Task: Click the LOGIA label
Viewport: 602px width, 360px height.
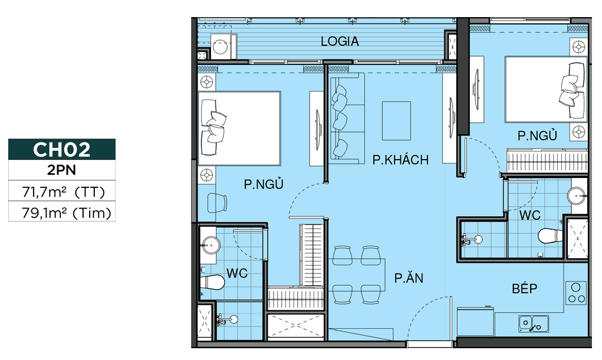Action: point(340,41)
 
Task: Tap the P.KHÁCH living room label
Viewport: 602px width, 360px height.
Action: point(400,160)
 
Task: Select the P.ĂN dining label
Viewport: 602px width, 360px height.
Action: point(409,278)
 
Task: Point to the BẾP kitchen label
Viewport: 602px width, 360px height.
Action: point(524,288)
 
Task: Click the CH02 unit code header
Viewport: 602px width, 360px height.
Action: point(62,149)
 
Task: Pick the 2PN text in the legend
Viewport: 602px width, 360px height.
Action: point(62,170)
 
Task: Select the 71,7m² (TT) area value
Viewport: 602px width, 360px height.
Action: point(63,191)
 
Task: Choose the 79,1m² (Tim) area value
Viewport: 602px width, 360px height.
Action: point(67,213)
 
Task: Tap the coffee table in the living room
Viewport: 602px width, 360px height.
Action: point(396,121)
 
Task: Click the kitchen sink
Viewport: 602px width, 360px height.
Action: point(534,323)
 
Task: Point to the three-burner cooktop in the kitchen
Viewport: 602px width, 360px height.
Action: point(576,293)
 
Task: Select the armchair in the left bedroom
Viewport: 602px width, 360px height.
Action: point(218,203)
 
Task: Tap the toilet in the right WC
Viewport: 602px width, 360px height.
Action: point(550,235)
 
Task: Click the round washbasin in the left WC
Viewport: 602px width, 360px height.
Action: point(210,245)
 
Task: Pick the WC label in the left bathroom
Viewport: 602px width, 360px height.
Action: point(237,273)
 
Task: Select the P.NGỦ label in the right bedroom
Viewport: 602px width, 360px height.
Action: point(537,136)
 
